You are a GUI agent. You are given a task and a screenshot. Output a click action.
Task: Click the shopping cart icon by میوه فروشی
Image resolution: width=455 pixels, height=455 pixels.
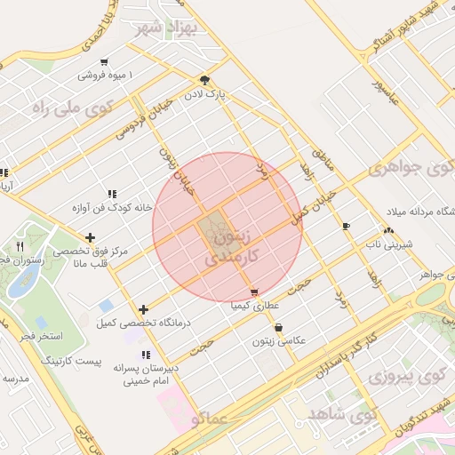tap(105, 62)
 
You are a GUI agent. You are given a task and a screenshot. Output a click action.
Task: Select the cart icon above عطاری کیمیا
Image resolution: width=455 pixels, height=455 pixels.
tap(255, 291)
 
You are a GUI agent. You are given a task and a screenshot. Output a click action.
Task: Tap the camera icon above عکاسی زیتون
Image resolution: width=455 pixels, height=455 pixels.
tap(280, 327)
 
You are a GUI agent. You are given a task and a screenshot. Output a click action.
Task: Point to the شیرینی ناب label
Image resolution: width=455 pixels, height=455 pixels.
tap(387, 242)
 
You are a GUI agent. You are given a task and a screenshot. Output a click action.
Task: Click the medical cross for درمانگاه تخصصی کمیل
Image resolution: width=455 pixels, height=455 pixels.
tap(144, 308)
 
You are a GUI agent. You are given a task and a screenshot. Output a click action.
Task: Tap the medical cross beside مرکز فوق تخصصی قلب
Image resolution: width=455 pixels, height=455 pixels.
tap(90, 237)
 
